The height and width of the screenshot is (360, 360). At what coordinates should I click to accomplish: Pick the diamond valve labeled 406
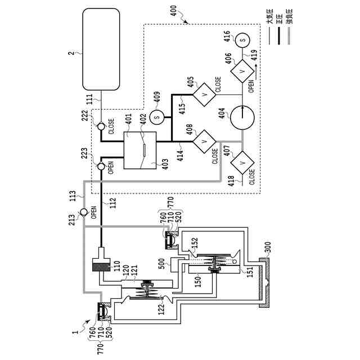click(242, 71)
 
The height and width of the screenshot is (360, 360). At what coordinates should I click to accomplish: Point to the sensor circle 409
click(157, 116)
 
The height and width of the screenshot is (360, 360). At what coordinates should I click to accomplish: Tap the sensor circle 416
click(242, 40)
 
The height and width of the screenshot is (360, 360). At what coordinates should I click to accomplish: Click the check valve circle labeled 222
click(101, 125)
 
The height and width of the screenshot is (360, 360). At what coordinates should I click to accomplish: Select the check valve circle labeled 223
click(101, 166)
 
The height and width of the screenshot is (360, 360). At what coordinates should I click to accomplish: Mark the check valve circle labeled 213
click(83, 212)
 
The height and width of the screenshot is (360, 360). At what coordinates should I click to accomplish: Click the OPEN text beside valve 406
click(251, 85)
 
